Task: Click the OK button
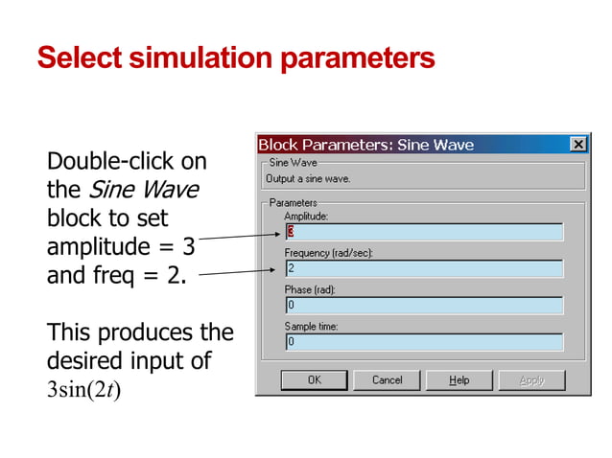314,380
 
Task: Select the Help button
459,380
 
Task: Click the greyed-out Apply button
531,380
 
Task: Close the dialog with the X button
577,145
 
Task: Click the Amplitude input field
423,233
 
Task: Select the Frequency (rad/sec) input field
423,269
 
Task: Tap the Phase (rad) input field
423,306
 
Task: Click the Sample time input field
423,342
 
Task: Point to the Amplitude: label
306,218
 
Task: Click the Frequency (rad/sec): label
329,253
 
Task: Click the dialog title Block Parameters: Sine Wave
365,145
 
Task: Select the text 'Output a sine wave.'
308,179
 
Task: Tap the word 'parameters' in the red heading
358,58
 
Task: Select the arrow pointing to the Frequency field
239,274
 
